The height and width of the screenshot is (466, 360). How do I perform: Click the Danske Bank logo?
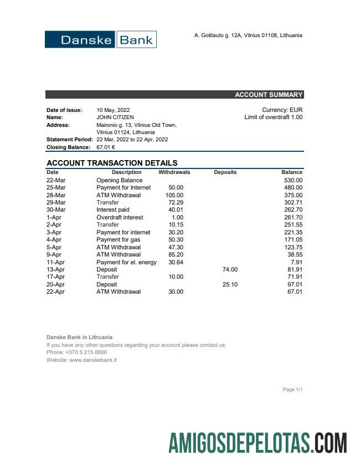coord(101,39)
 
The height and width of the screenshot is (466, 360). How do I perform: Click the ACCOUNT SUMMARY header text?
coord(269,95)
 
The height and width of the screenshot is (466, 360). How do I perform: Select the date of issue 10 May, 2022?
coord(113,110)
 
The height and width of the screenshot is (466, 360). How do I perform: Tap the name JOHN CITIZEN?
coord(115,117)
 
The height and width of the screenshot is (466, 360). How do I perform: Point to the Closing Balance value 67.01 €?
coord(106,147)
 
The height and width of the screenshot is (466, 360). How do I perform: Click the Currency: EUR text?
coord(282,110)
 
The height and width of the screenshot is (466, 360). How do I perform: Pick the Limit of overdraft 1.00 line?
coord(274,117)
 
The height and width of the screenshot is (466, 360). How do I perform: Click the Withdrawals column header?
coord(174,172)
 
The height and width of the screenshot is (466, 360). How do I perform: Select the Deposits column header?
coord(225,172)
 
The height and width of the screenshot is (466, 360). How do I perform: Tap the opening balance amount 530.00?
coord(292,180)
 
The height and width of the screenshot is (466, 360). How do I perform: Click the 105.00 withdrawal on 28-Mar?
coord(174,195)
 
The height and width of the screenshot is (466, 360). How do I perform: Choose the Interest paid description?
coord(113,210)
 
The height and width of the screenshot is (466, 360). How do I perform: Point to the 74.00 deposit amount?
coord(230,269)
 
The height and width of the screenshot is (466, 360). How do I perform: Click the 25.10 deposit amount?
coord(230,284)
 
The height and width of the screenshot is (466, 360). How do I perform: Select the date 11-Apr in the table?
coord(56,262)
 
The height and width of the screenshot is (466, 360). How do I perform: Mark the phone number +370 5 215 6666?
coord(84,352)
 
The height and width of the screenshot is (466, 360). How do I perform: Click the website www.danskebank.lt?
coord(93,360)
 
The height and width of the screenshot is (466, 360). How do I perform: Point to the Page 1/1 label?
coord(292,390)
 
